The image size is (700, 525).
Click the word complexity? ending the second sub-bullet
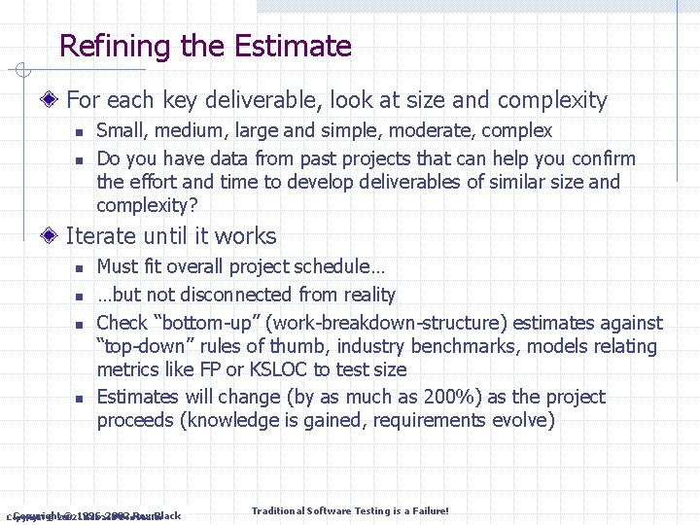(x=147, y=205)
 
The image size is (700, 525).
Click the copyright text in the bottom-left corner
(x=94, y=515)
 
